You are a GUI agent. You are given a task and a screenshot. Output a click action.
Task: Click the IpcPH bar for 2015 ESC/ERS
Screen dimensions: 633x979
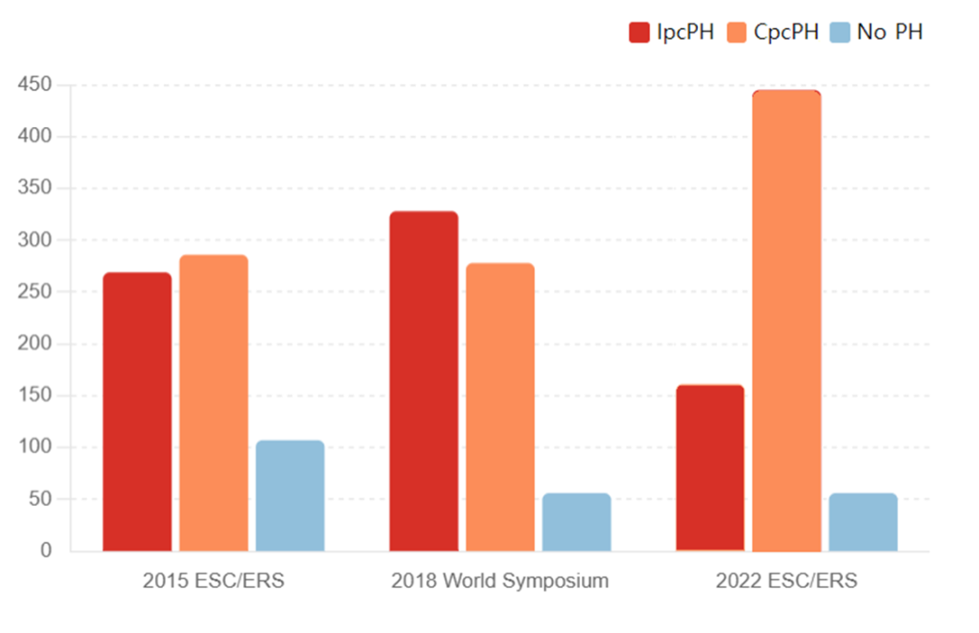coord(137,412)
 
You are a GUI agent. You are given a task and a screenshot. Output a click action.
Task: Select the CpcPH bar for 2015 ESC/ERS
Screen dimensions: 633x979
coord(213,403)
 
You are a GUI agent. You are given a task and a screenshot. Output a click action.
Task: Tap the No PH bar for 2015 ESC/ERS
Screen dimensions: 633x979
coord(290,496)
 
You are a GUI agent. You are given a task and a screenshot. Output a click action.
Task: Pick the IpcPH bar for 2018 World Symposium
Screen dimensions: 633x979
coord(423,381)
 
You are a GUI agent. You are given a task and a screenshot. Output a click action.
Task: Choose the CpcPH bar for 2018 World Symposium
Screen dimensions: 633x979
coord(500,407)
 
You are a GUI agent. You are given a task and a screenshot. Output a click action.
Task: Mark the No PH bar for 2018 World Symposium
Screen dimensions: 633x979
coord(577,522)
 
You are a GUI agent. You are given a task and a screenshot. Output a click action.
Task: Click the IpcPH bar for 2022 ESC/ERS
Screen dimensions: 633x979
coord(710,468)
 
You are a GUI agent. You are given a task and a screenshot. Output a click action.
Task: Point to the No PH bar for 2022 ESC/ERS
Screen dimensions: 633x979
coord(863,522)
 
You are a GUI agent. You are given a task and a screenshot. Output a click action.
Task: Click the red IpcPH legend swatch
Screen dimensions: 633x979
coord(639,33)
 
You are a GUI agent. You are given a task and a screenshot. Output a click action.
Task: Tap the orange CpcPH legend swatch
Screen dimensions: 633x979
coord(737,33)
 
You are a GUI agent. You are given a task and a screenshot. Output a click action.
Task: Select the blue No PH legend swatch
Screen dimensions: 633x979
coord(839,33)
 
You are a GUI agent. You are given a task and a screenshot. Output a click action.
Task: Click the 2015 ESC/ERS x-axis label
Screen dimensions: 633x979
coord(213,581)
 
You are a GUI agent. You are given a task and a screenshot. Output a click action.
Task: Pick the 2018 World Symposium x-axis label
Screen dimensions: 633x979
coord(499,581)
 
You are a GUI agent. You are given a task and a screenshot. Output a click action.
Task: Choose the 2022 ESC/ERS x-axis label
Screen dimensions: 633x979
coord(786,581)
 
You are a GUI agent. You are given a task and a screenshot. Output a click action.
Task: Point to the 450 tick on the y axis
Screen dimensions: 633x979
coord(37,85)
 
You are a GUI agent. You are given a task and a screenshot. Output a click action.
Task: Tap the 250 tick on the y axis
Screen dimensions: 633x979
coord(37,292)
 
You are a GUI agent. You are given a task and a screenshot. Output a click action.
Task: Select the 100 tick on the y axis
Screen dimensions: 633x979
coord(37,447)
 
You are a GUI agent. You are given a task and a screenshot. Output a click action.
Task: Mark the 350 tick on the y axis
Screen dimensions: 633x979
coord(37,189)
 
